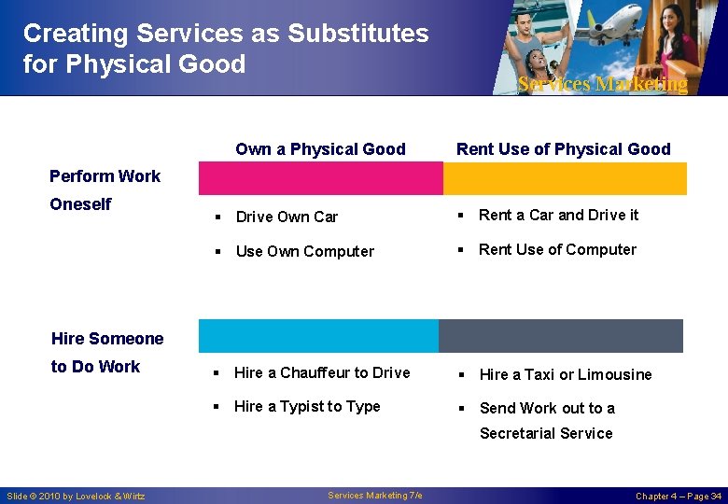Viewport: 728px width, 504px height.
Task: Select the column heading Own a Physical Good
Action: coord(320,149)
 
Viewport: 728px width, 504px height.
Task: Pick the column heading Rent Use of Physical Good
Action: coord(563,149)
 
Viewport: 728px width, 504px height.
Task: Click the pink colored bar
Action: coord(320,178)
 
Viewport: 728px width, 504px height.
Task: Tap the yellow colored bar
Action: coord(564,178)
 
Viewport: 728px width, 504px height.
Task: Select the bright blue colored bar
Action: coord(318,336)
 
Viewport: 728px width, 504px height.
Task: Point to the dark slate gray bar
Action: coord(560,336)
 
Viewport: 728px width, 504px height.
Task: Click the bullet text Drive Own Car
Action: coord(287,217)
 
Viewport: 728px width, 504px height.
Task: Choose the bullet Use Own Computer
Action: coord(304,252)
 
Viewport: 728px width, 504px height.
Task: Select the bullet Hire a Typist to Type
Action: coord(307,407)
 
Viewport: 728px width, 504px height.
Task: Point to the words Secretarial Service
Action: coord(546,434)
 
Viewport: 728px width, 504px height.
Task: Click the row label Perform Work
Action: coord(105,176)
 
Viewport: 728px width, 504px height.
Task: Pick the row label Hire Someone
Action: coord(107,339)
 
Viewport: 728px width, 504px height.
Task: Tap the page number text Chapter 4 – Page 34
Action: coord(678,497)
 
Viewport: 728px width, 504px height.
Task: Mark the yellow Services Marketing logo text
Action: coord(602,85)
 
